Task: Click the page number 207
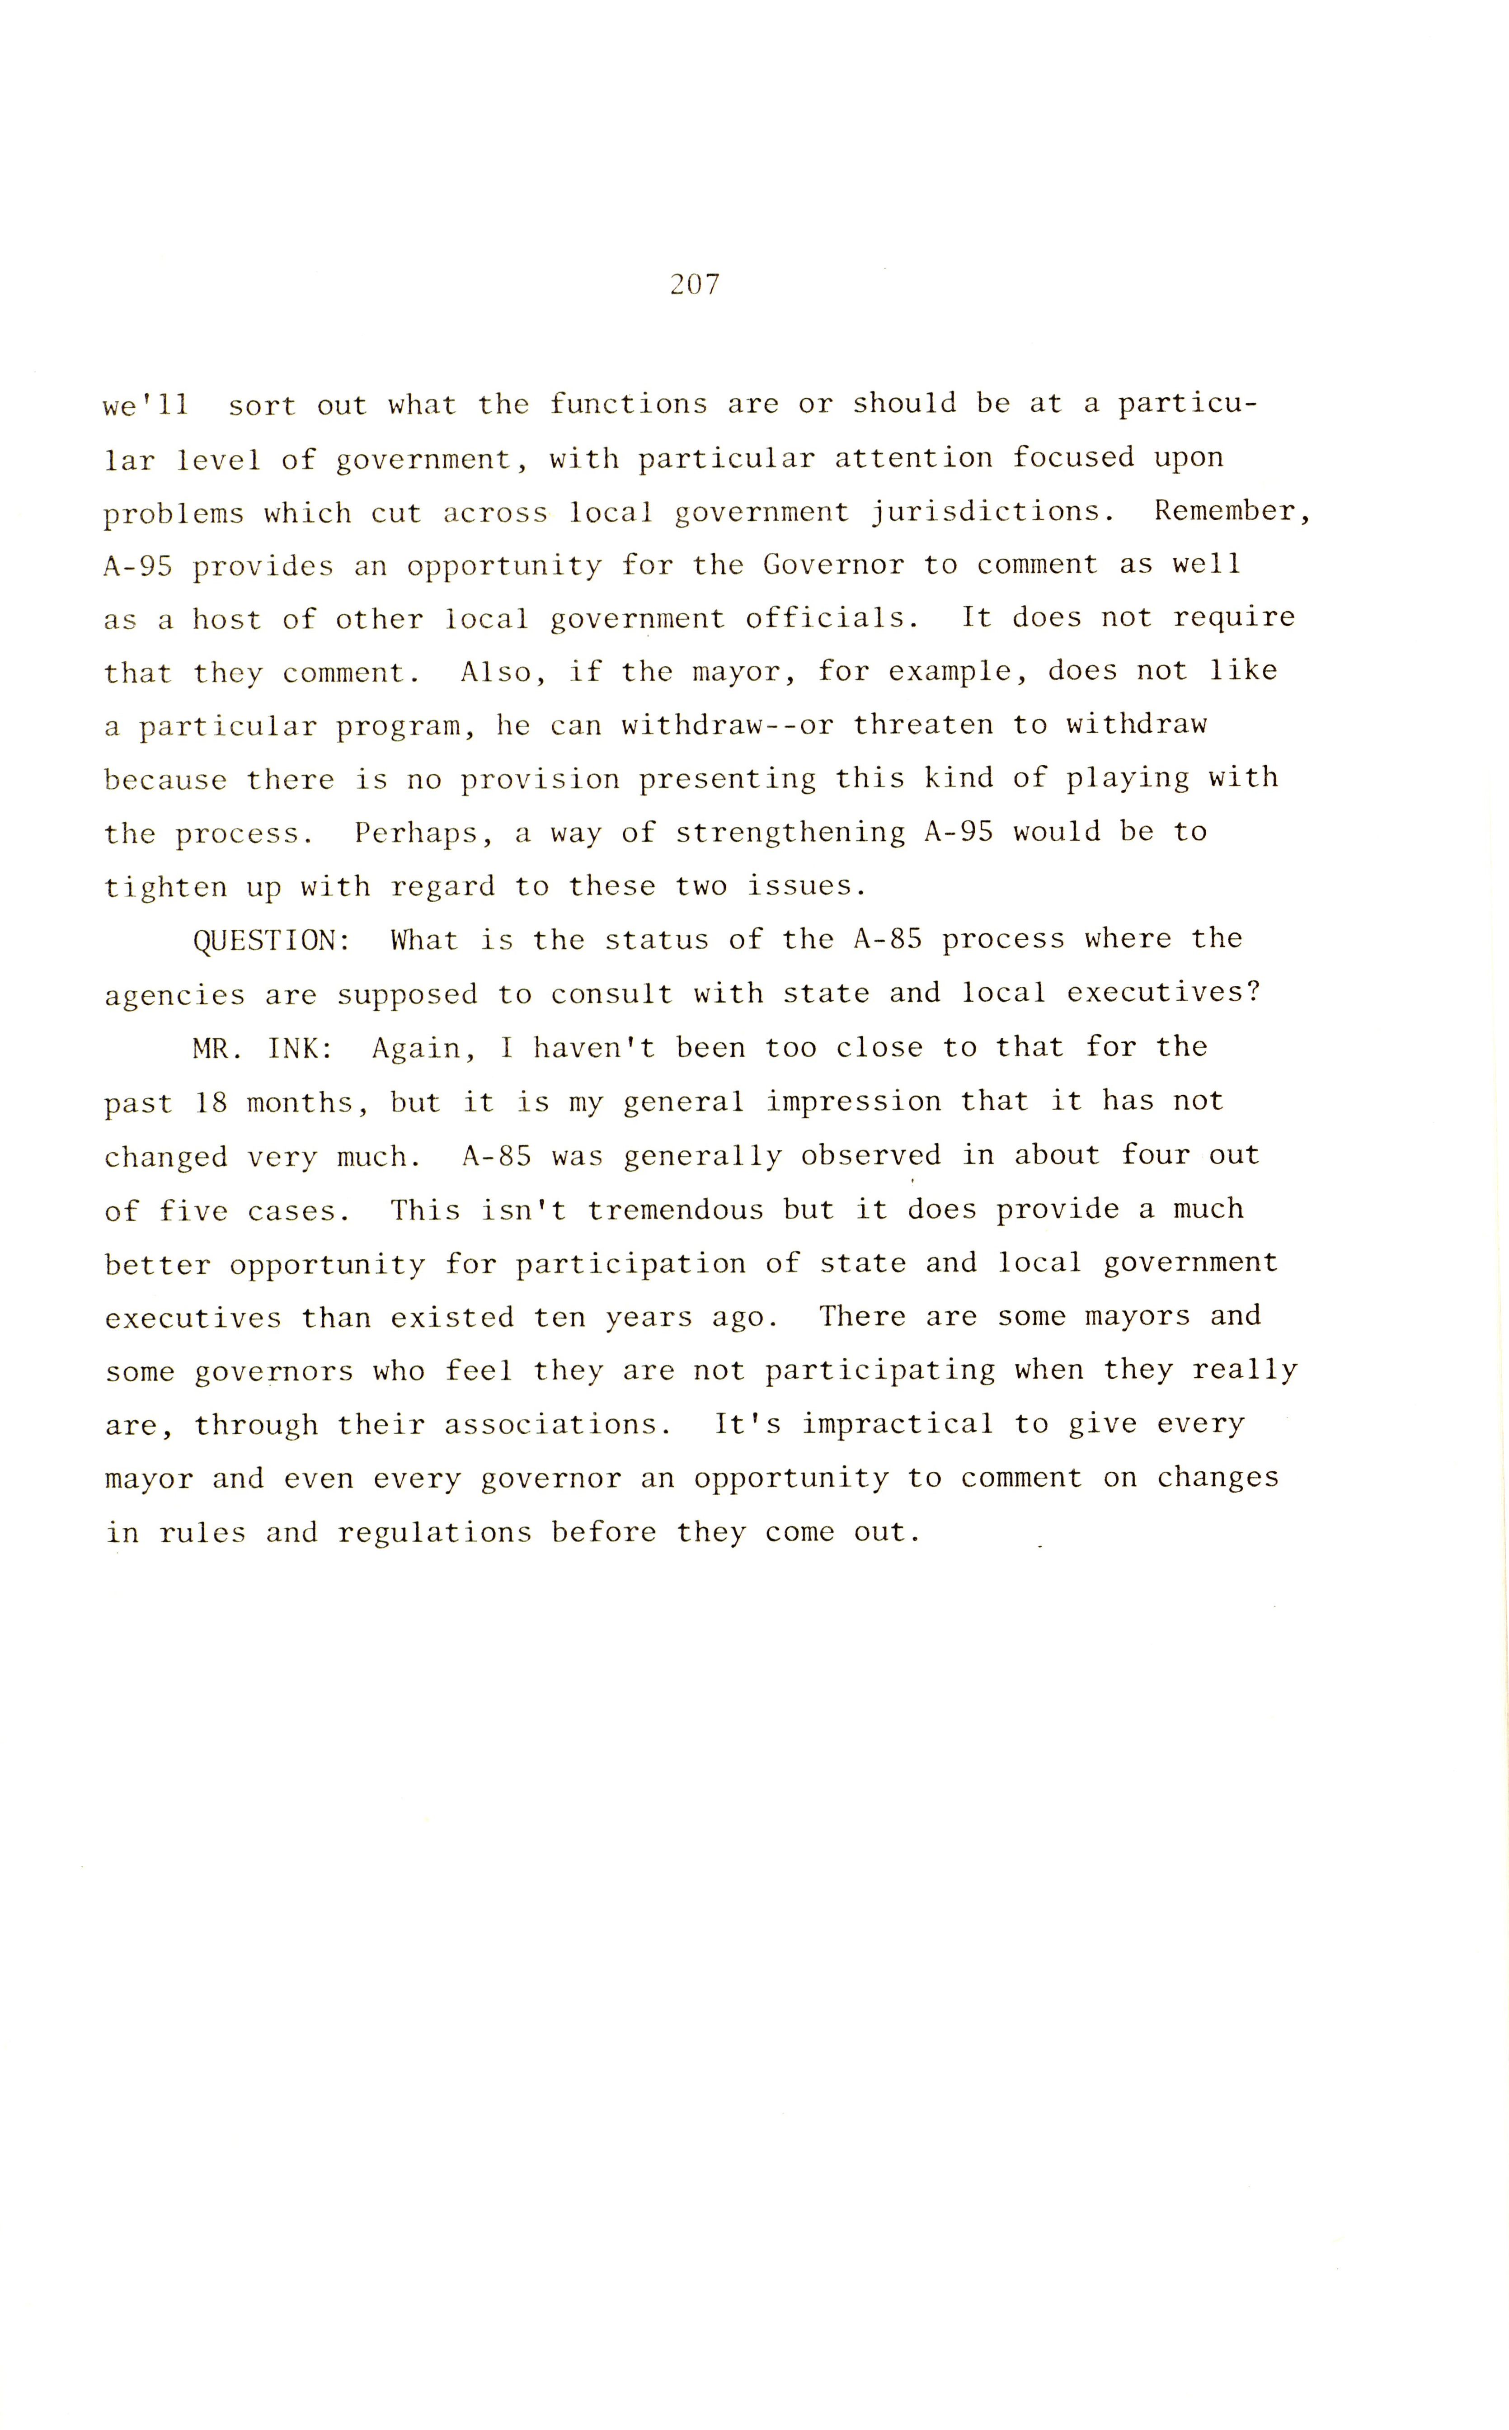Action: (695, 285)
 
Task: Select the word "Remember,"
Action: (1232, 512)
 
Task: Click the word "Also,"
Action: (504, 673)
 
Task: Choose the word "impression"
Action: (853, 1102)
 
